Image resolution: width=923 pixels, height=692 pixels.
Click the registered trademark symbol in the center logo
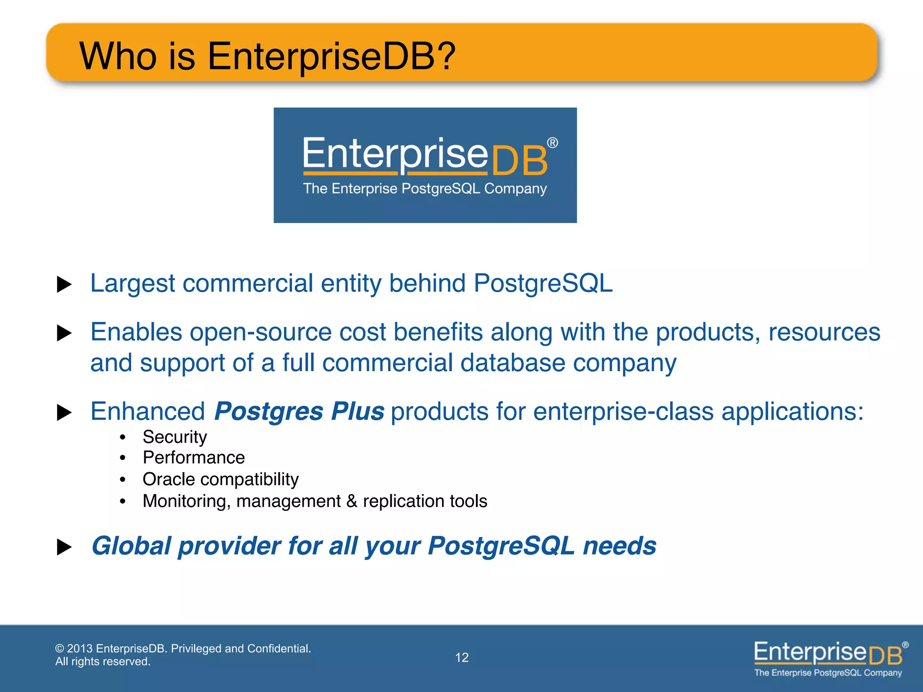point(553,143)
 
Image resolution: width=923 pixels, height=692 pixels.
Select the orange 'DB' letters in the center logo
point(519,161)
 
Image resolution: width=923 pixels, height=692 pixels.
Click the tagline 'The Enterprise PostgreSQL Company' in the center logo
point(425,188)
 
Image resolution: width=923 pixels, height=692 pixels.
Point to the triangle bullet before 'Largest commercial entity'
point(64,284)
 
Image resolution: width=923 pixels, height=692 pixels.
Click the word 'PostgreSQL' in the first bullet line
point(543,283)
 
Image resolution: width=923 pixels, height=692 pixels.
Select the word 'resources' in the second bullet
point(824,332)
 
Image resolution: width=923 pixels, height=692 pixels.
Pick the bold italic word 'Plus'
point(357,411)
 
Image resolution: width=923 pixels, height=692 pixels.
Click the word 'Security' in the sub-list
point(175,437)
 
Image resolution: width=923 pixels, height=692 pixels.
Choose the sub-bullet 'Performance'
point(194,458)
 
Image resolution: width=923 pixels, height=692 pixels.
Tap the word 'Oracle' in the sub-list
point(169,479)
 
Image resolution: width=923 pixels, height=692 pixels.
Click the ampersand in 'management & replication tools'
point(352,501)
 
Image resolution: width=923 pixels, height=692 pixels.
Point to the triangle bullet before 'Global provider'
point(64,547)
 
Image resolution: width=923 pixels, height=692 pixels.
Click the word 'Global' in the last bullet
point(131,546)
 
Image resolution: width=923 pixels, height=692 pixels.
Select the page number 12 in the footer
point(461,657)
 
